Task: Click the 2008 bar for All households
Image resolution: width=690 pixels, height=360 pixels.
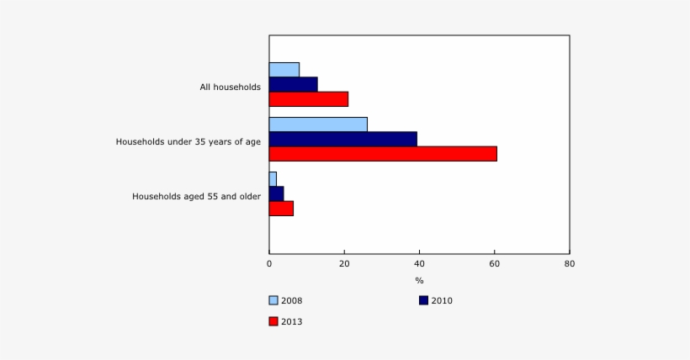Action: pos(284,70)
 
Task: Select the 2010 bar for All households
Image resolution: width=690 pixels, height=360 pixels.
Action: pos(294,84)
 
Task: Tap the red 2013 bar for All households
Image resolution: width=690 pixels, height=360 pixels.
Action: pos(309,98)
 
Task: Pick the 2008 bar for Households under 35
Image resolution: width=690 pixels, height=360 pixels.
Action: pos(318,124)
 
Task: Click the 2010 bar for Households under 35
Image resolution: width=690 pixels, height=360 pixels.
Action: pos(343,139)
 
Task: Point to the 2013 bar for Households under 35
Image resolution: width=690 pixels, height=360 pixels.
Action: pos(383,153)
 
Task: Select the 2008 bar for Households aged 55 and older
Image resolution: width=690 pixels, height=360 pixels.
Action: pos(273,179)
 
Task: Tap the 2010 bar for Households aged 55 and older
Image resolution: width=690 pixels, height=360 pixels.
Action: pos(277,193)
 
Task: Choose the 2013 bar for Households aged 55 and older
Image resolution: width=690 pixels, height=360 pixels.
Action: pos(282,208)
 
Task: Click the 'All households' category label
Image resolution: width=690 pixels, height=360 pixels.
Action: pos(230,87)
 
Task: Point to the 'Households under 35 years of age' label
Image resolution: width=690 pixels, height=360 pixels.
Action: pos(188,141)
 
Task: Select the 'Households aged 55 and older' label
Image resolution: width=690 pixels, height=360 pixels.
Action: pos(196,196)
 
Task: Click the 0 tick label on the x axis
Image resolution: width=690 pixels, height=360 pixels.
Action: pos(269,264)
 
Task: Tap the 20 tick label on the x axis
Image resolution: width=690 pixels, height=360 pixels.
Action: pos(344,264)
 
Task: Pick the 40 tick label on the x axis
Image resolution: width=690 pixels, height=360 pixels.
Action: pos(419,264)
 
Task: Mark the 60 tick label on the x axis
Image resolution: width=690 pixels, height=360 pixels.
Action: pos(494,264)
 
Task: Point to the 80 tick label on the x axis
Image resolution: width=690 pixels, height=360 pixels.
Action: pos(569,264)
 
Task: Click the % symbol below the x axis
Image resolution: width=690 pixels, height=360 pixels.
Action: pos(419,280)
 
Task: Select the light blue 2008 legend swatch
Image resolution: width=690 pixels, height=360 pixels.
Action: pos(273,300)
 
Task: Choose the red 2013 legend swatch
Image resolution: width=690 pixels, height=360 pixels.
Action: pos(273,321)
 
